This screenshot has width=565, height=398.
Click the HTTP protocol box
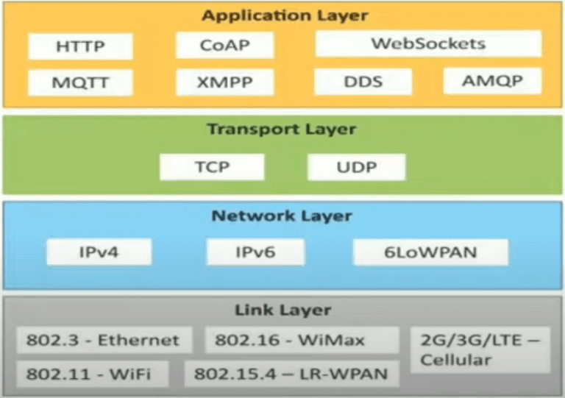(80, 46)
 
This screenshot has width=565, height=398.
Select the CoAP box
(224, 45)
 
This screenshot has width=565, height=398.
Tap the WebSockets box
(427, 43)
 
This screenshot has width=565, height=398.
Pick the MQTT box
(80, 82)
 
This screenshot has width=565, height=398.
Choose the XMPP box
(224, 82)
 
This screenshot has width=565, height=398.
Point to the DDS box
(363, 81)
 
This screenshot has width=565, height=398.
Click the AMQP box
(491, 80)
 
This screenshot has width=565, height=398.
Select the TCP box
(212, 167)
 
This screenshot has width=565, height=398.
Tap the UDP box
(356, 167)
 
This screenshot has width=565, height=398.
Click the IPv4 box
(99, 252)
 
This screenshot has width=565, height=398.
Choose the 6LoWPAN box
(430, 252)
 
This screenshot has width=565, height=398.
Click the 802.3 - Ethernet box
(103, 341)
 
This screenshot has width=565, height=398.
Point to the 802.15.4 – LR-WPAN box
(291, 374)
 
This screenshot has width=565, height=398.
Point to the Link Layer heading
(282, 310)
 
